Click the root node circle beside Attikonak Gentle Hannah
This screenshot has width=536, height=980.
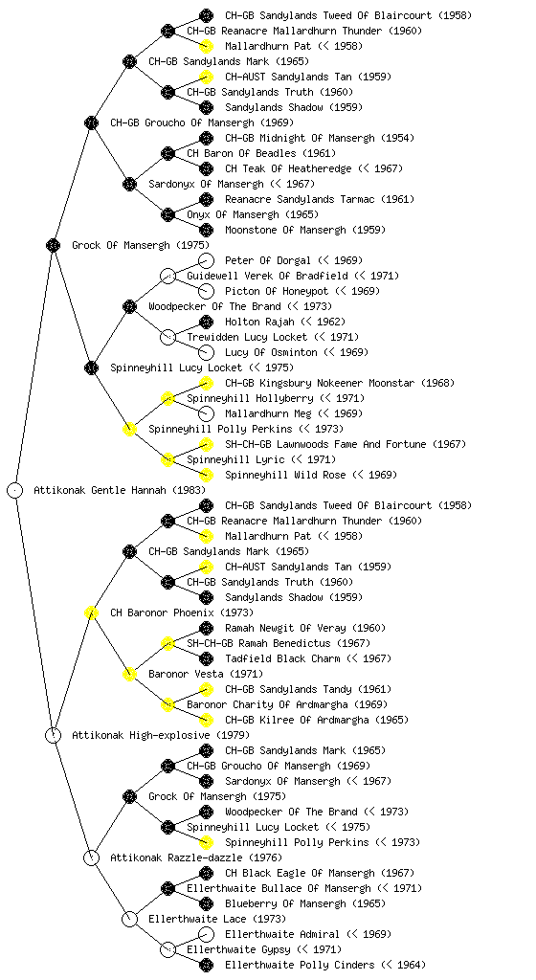[x=15, y=490]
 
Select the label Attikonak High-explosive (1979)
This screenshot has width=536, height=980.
[x=161, y=735]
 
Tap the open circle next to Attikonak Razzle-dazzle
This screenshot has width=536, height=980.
[x=91, y=857]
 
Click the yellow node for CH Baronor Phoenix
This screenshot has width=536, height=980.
[x=91, y=612]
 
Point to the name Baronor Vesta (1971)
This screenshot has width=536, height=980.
[x=206, y=674]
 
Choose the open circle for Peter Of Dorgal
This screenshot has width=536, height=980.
[x=206, y=260]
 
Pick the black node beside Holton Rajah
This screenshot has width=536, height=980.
[x=206, y=322]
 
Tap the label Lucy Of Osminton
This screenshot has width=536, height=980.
[x=271, y=352]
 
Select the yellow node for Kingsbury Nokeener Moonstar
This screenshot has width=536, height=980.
[x=206, y=383]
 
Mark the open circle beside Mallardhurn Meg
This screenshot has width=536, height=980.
[x=206, y=413]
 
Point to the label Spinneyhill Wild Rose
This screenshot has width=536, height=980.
[x=285, y=475]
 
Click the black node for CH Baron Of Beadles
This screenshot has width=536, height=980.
[x=167, y=153]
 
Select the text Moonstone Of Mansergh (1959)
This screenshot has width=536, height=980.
[x=305, y=230]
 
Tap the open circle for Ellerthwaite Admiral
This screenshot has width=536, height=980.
[x=206, y=934]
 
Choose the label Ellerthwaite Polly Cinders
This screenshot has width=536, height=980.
[x=300, y=965]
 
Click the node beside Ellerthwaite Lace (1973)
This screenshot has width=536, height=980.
[x=129, y=919]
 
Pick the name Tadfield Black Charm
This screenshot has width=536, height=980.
[x=282, y=658]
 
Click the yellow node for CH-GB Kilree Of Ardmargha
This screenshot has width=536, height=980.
[x=206, y=720]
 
